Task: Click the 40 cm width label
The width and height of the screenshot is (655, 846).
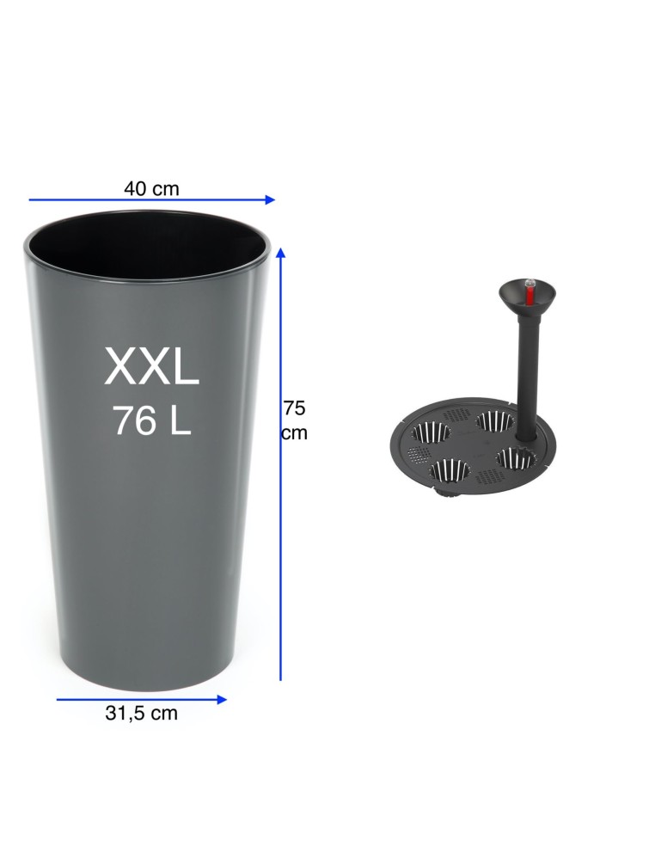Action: (151, 189)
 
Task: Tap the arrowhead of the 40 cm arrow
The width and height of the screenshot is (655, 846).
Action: (271, 199)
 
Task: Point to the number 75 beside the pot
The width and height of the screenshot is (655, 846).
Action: (295, 408)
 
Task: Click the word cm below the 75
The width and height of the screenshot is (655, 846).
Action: (295, 432)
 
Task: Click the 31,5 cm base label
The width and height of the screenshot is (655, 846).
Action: (141, 714)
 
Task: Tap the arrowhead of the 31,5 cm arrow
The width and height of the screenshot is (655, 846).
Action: (222, 700)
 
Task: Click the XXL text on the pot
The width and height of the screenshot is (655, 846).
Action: (151, 365)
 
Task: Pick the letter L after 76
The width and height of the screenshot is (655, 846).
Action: (181, 420)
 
